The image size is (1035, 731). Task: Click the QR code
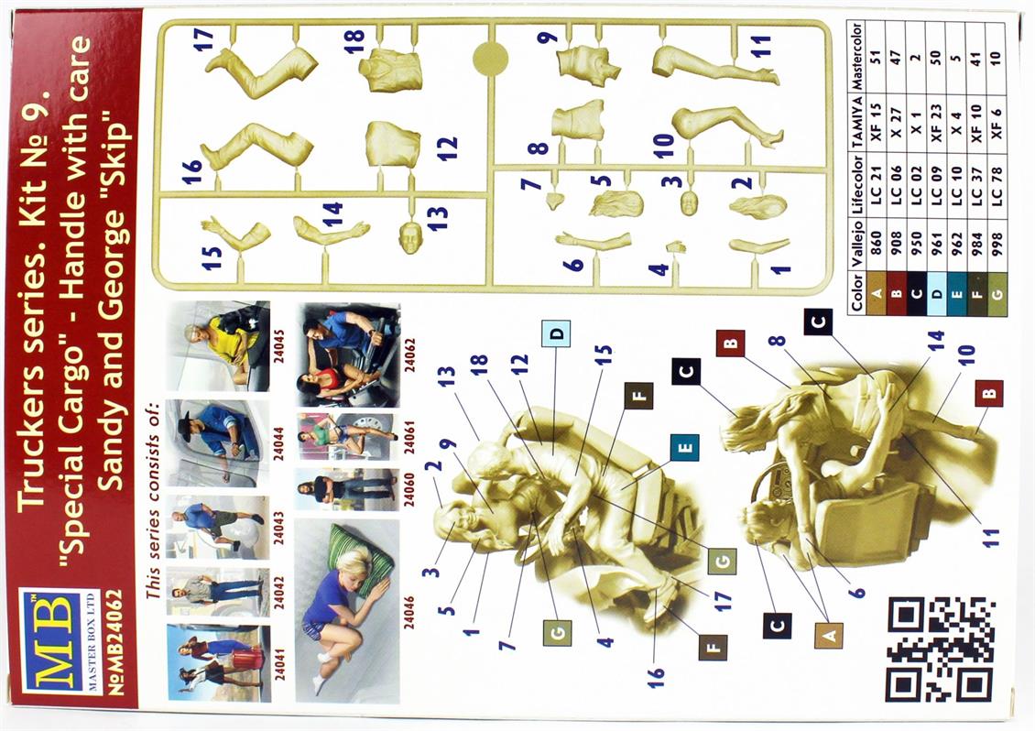pos(940,650)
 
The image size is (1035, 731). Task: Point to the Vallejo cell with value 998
pos(997,242)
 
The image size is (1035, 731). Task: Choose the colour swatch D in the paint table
pos(936,292)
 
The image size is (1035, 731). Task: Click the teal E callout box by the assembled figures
pos(684,448)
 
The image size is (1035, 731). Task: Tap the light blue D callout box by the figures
pos(557,334)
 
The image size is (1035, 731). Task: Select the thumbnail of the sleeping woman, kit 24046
pos(347,611)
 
